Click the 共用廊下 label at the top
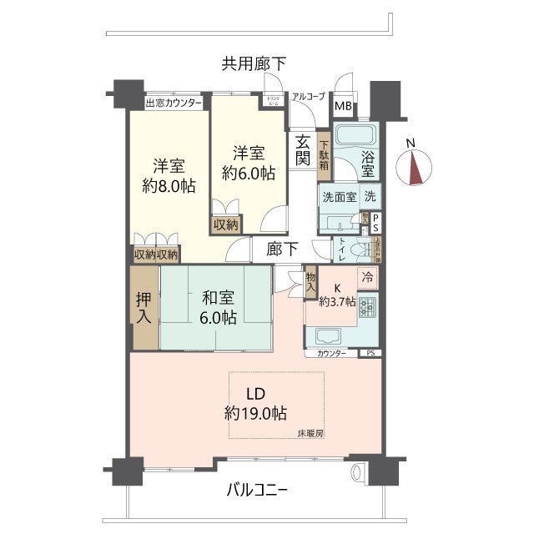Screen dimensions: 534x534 coord(254,63)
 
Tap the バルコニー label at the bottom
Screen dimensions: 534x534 coord(257,490)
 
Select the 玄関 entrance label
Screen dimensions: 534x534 coord(301,150)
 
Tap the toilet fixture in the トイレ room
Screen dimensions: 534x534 coord(360,250)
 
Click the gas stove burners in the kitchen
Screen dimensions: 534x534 coord(367,311)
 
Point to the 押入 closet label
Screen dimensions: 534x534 coord(144,307)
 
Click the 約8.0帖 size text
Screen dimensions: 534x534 coord(169,186)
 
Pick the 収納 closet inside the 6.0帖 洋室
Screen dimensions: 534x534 coord(225,224)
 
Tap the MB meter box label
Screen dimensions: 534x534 coord(343,106)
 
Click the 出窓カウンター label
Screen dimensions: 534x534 coord(174,103)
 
